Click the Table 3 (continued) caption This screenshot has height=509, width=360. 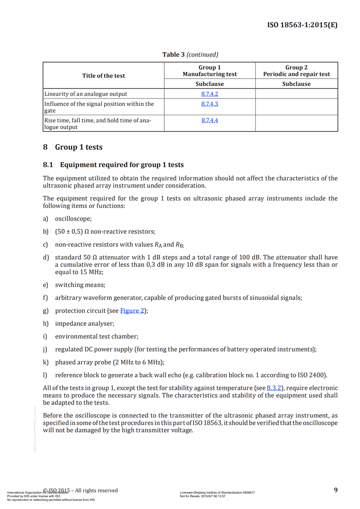point(190,54)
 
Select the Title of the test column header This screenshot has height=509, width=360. point(103,76)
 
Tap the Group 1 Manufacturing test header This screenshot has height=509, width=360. point(209,71)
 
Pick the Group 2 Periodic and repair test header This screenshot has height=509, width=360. point(296,71)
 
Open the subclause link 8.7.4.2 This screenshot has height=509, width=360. point(209,94)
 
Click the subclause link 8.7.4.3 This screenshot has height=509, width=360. point(209,104)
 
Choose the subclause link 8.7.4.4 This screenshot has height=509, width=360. point(209,120)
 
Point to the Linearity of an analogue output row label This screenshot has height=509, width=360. point(85,94)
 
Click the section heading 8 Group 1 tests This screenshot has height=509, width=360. point(72,147)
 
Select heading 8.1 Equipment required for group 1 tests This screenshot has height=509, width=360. point(113,165)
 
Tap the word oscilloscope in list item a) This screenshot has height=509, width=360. point(73,219)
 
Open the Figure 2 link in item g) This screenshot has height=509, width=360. point(132,311)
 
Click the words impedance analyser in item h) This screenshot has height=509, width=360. point(84,324)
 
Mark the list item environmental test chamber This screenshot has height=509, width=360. point(96,336)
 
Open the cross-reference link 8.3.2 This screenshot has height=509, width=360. point(274,388)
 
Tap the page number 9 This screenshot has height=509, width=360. point(336,490)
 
